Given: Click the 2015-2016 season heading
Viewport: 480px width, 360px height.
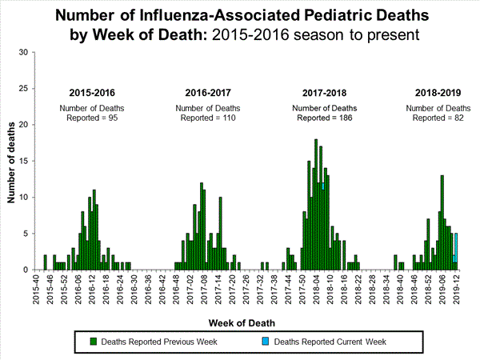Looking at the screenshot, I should coord(91,92).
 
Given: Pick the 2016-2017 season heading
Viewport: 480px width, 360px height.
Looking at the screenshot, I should coord(208,92).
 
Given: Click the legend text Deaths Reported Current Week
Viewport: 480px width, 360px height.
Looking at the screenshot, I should coord(330,342).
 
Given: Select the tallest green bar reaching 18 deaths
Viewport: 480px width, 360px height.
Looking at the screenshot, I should coord(316,204).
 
